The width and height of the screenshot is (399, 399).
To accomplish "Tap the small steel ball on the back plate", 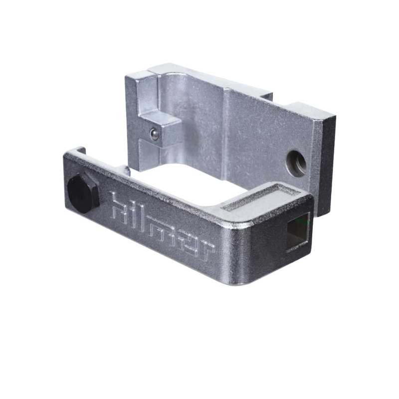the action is coord(154,134).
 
